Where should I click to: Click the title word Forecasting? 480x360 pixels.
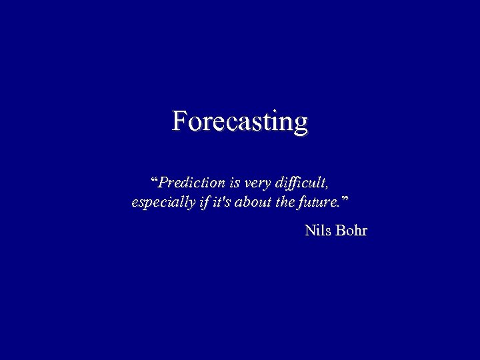point(240,122)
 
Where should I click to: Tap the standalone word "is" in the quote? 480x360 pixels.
point(235,182)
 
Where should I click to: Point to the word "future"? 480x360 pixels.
point(319,202)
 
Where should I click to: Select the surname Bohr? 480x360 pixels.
point(352,231)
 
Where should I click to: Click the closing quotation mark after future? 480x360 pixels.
point(344,199)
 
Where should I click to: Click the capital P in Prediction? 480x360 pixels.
point(163,182)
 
